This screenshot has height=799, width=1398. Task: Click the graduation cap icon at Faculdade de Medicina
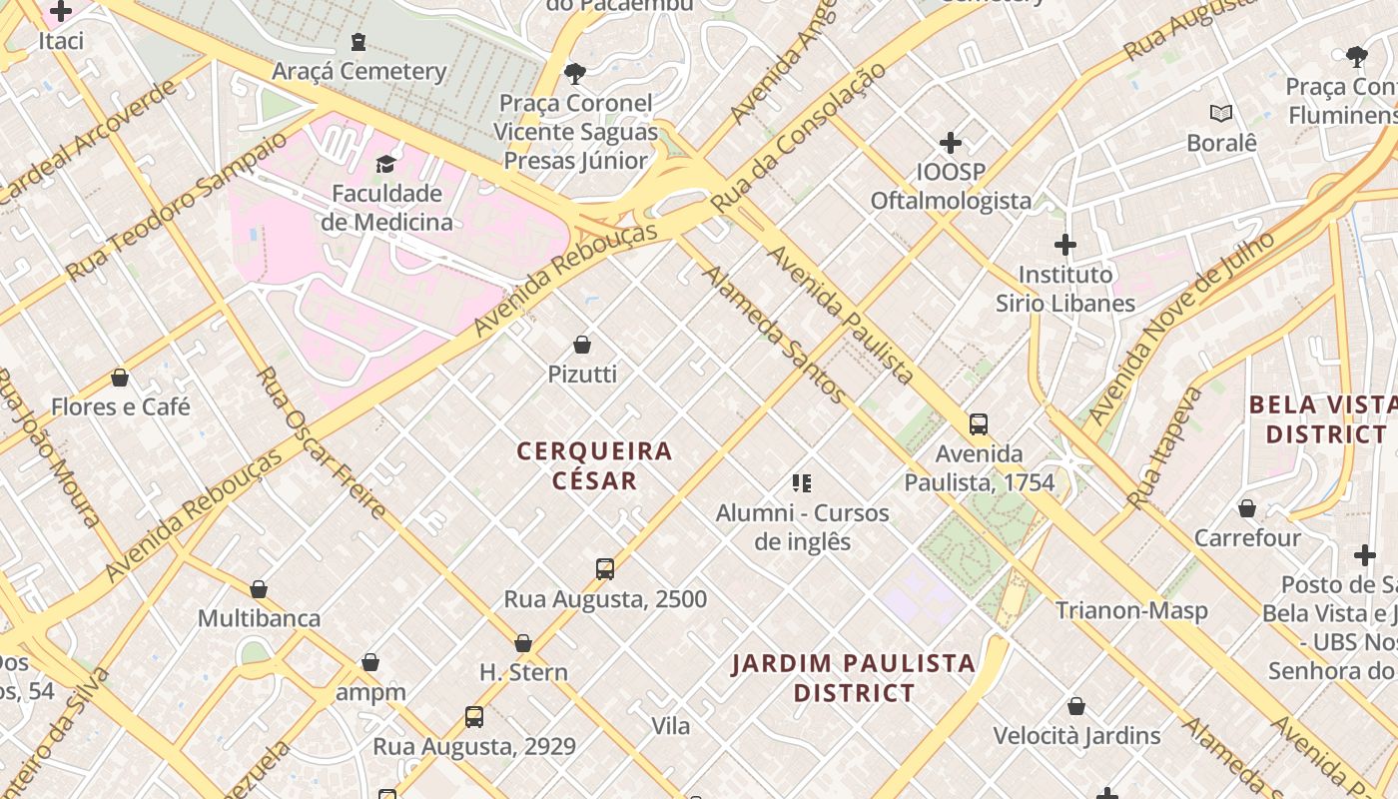(385, 164)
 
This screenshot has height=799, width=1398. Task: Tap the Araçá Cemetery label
(358, 71)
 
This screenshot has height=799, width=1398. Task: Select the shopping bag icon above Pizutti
(582, 346)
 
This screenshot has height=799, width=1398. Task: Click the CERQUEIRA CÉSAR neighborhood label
(594, 465)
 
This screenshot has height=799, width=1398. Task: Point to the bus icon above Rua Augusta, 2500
(604, 569)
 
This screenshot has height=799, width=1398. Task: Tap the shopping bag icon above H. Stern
(523, 643)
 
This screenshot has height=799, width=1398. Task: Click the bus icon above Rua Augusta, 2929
(474, 716)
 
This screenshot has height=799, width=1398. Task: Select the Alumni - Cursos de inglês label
(802, 527)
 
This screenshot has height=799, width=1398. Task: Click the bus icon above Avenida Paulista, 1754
(979, 424)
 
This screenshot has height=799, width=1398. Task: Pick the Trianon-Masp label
(1131, 610)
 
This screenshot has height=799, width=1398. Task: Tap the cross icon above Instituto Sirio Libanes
(1065, 244)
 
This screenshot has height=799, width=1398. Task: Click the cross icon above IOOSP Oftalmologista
(951, 143)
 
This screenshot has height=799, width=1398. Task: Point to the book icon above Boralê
(1220, 113)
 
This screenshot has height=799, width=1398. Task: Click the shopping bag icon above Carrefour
(1247, 509)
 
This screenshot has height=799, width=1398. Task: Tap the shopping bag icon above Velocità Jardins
(1076, 707)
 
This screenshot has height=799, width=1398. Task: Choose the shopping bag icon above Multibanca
(259, 589)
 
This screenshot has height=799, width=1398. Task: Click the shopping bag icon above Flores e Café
(120, 378)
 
